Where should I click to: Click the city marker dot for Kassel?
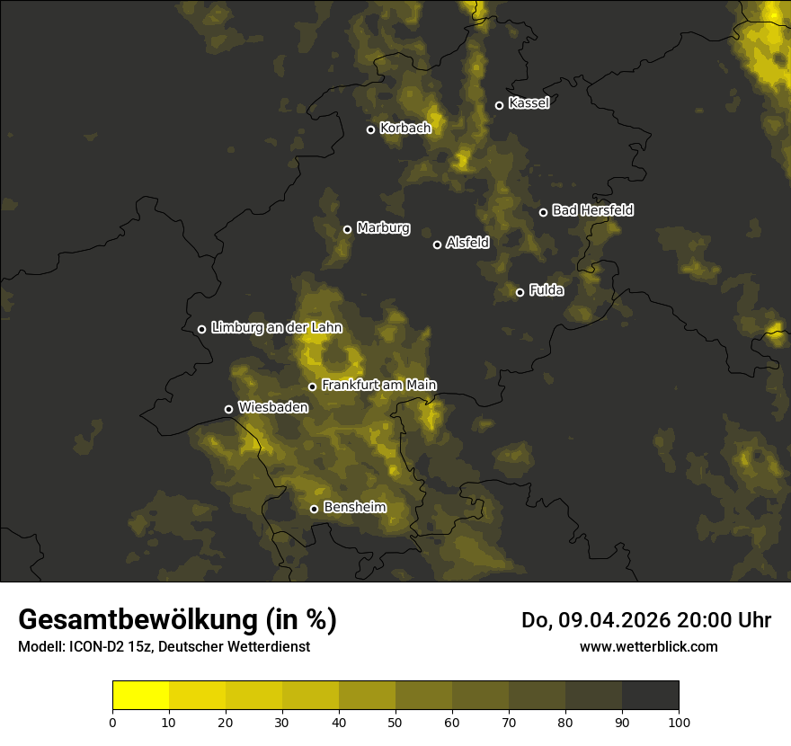(499, 106)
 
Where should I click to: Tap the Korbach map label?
(405, 129)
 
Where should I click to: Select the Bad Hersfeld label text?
(592, 210)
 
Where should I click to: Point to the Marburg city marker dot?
(347, 229)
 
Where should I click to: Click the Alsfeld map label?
(467, 243)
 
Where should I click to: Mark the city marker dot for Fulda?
(520, 292)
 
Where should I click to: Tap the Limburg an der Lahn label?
(276, 328)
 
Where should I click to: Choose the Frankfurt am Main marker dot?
(313, 387)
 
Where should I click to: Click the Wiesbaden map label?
(273, 407)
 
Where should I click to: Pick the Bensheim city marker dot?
(314, 509)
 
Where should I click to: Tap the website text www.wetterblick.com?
(648, 646)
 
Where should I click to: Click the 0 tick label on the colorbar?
(112, 722)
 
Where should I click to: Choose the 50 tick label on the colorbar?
(395, 722)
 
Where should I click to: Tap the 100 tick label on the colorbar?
(679, 722)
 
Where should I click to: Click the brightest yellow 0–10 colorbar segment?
(141, 696)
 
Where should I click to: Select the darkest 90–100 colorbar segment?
(650, 696)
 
